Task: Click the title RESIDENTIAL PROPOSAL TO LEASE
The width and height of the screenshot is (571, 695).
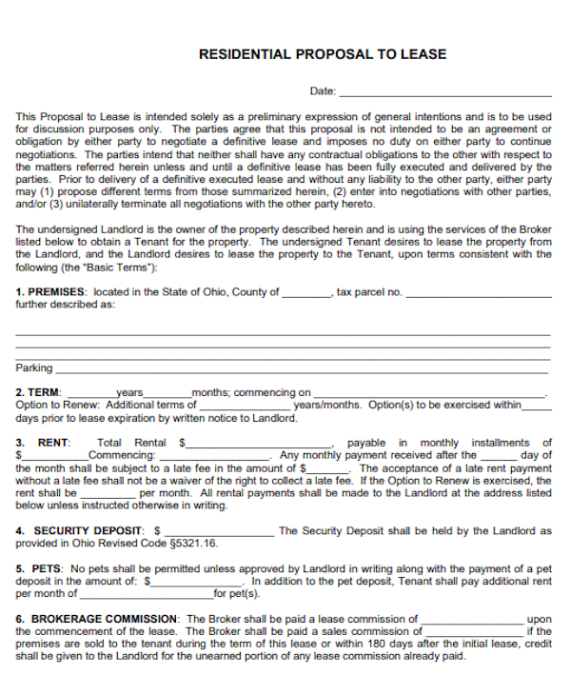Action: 322,54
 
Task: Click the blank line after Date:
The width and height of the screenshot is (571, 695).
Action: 444,93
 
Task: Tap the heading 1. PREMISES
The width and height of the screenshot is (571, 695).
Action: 50,292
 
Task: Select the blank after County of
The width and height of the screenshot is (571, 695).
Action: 305,294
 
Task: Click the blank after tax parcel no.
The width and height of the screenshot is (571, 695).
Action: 479,294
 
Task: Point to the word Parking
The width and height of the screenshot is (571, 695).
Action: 34,368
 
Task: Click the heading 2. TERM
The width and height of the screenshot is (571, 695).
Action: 39,392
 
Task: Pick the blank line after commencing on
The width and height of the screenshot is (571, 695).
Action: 429,394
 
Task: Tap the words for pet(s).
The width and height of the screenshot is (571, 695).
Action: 237,593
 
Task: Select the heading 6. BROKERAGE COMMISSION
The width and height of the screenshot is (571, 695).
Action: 97,619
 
